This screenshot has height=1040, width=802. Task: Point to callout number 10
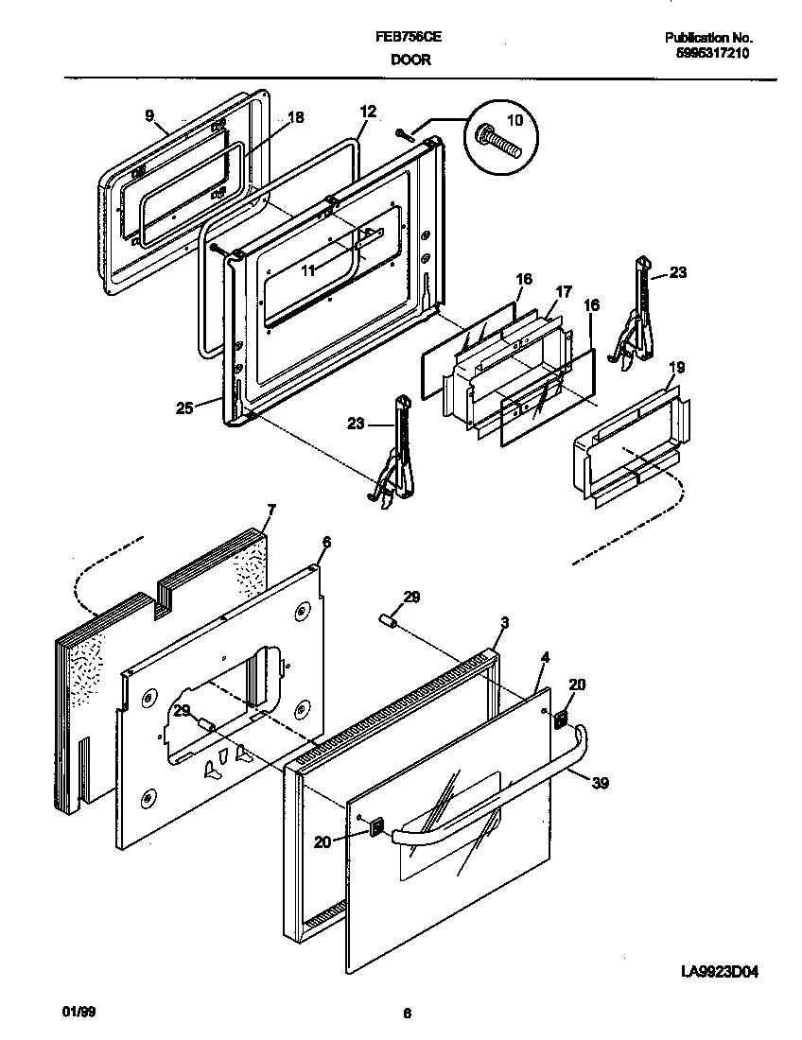click(x=514, y=121)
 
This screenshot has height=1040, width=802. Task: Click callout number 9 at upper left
click(x=149, y=116)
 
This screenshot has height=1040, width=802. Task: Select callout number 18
click(x=295, y=118)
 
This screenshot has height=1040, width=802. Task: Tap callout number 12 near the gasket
click(x=368, y=112)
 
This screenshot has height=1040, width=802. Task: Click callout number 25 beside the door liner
click(x=184, y=408)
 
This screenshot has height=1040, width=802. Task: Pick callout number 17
click(x=564, y=292)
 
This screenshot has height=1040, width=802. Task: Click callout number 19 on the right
click(x=678, y=367)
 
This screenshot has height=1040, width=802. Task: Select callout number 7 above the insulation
click(x=271, y=511)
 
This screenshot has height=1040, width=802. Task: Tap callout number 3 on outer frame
click(x=505, y=623)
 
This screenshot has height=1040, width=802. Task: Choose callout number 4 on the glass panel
click(x=545, y=656)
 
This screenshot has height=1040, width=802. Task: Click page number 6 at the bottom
click(x=407, y=1014)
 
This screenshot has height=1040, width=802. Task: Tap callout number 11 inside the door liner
click(x=307, y=269)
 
